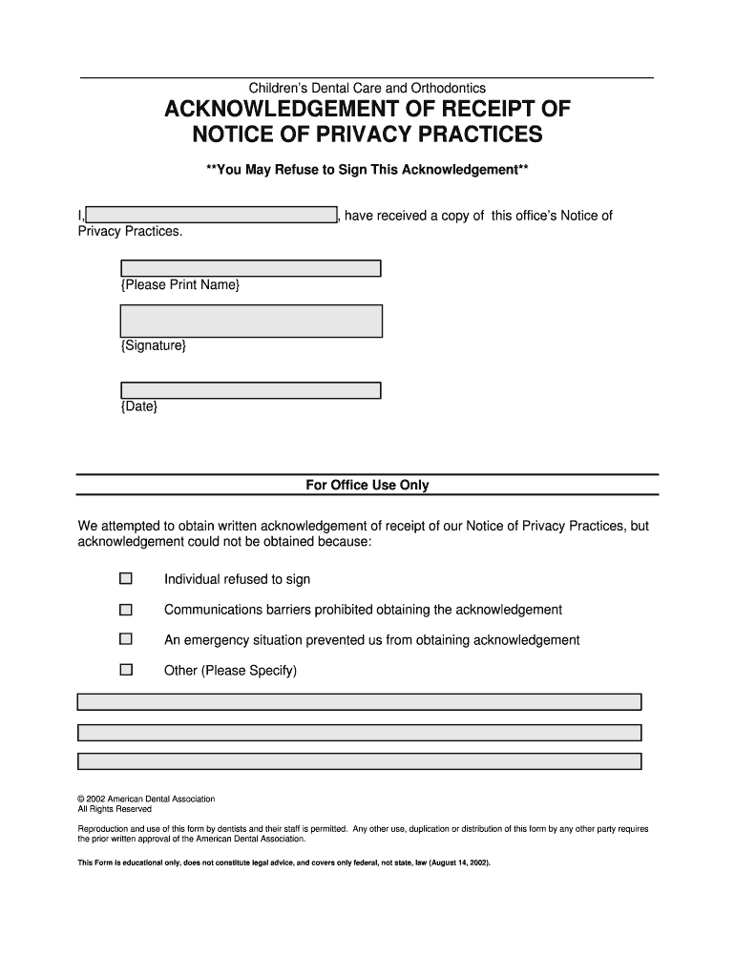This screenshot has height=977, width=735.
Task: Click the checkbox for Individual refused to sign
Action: [126, 578]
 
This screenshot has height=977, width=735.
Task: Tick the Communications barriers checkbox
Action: [126, 609]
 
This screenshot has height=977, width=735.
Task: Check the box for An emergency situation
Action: [126, 639]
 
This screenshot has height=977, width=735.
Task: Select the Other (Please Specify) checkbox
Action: [126, 670]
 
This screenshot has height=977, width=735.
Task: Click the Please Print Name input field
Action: [251, 268]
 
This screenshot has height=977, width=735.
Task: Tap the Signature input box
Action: [251, 321]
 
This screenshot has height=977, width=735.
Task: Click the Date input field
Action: [251, 389]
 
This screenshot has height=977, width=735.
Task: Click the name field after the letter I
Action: [211, 215]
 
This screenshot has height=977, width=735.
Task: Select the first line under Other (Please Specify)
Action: [359, 702]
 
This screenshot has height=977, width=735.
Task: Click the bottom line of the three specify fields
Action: [359, 761]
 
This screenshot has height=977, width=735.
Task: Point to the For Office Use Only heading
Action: [367, 486]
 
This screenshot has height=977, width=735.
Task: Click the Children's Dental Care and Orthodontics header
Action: [367, 89]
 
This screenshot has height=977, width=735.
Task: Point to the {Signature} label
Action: [154, 345]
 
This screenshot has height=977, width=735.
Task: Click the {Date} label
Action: [139, 406]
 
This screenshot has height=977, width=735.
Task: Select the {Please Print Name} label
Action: [180, 285]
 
